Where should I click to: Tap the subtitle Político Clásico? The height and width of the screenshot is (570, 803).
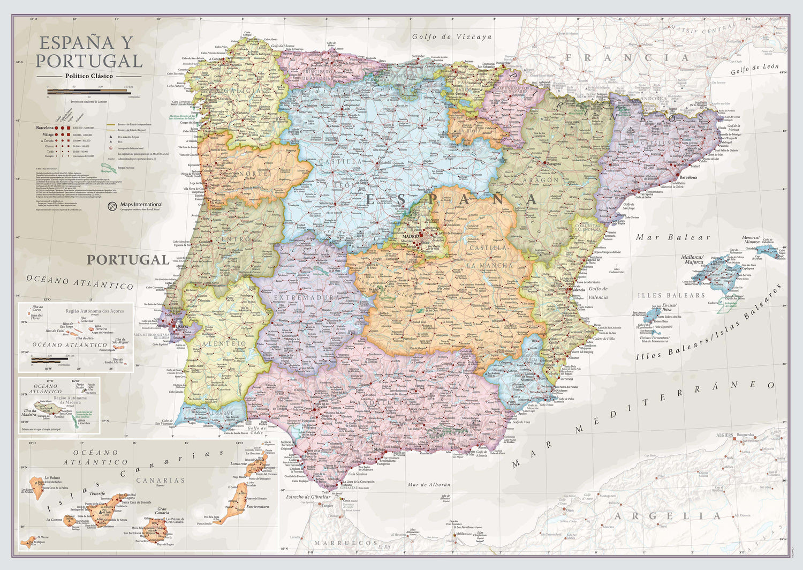89,76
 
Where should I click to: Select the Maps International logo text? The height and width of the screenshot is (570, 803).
141,204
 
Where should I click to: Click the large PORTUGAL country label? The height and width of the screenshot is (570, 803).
128,260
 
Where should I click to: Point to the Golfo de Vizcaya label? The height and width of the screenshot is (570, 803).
451,37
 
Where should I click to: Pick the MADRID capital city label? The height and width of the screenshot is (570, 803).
411,236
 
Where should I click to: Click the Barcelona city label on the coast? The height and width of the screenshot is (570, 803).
688,177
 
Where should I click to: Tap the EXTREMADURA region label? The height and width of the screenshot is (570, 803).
307,297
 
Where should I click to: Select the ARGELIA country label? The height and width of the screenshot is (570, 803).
667,516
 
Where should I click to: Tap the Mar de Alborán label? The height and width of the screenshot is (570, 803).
429,485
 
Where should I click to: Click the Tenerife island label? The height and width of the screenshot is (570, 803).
97,493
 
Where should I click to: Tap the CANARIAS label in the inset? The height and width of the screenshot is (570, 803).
160,481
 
